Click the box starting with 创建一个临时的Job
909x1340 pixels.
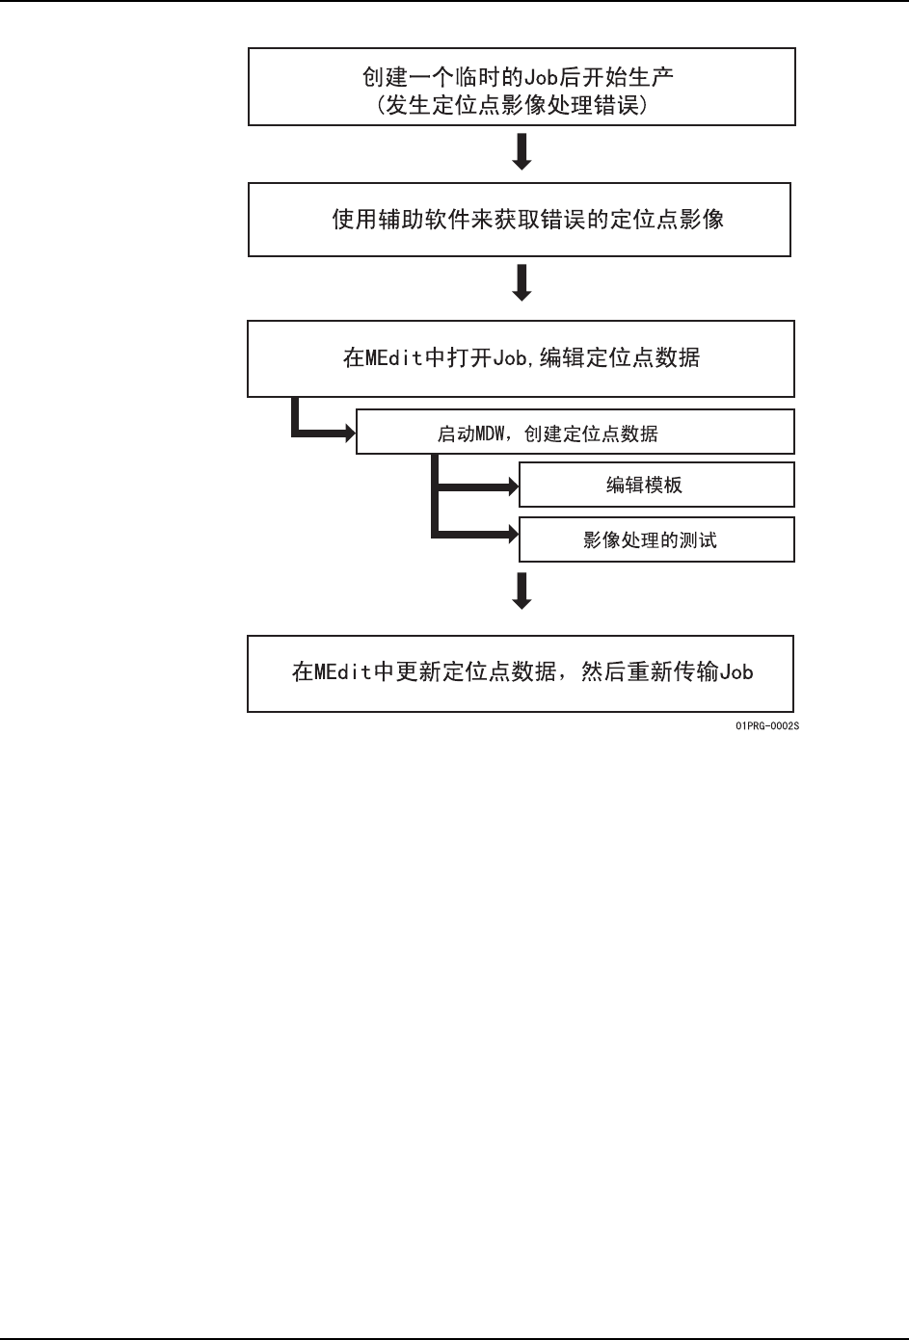point(521,88)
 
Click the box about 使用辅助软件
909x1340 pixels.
point(520,220)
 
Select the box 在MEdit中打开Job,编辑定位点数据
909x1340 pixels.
point(521,358)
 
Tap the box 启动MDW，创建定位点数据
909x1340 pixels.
point(575,434)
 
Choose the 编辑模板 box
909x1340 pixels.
point(656,485)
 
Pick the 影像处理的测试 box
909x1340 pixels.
point(656,539)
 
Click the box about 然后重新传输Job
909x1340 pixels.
point(521,672)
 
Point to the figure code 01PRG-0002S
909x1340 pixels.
point(766,725)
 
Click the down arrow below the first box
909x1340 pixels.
point(521,152)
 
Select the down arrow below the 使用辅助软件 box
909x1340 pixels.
point(521,283)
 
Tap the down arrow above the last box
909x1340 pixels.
point(521,591)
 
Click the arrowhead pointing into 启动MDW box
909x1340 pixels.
point(346,434)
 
